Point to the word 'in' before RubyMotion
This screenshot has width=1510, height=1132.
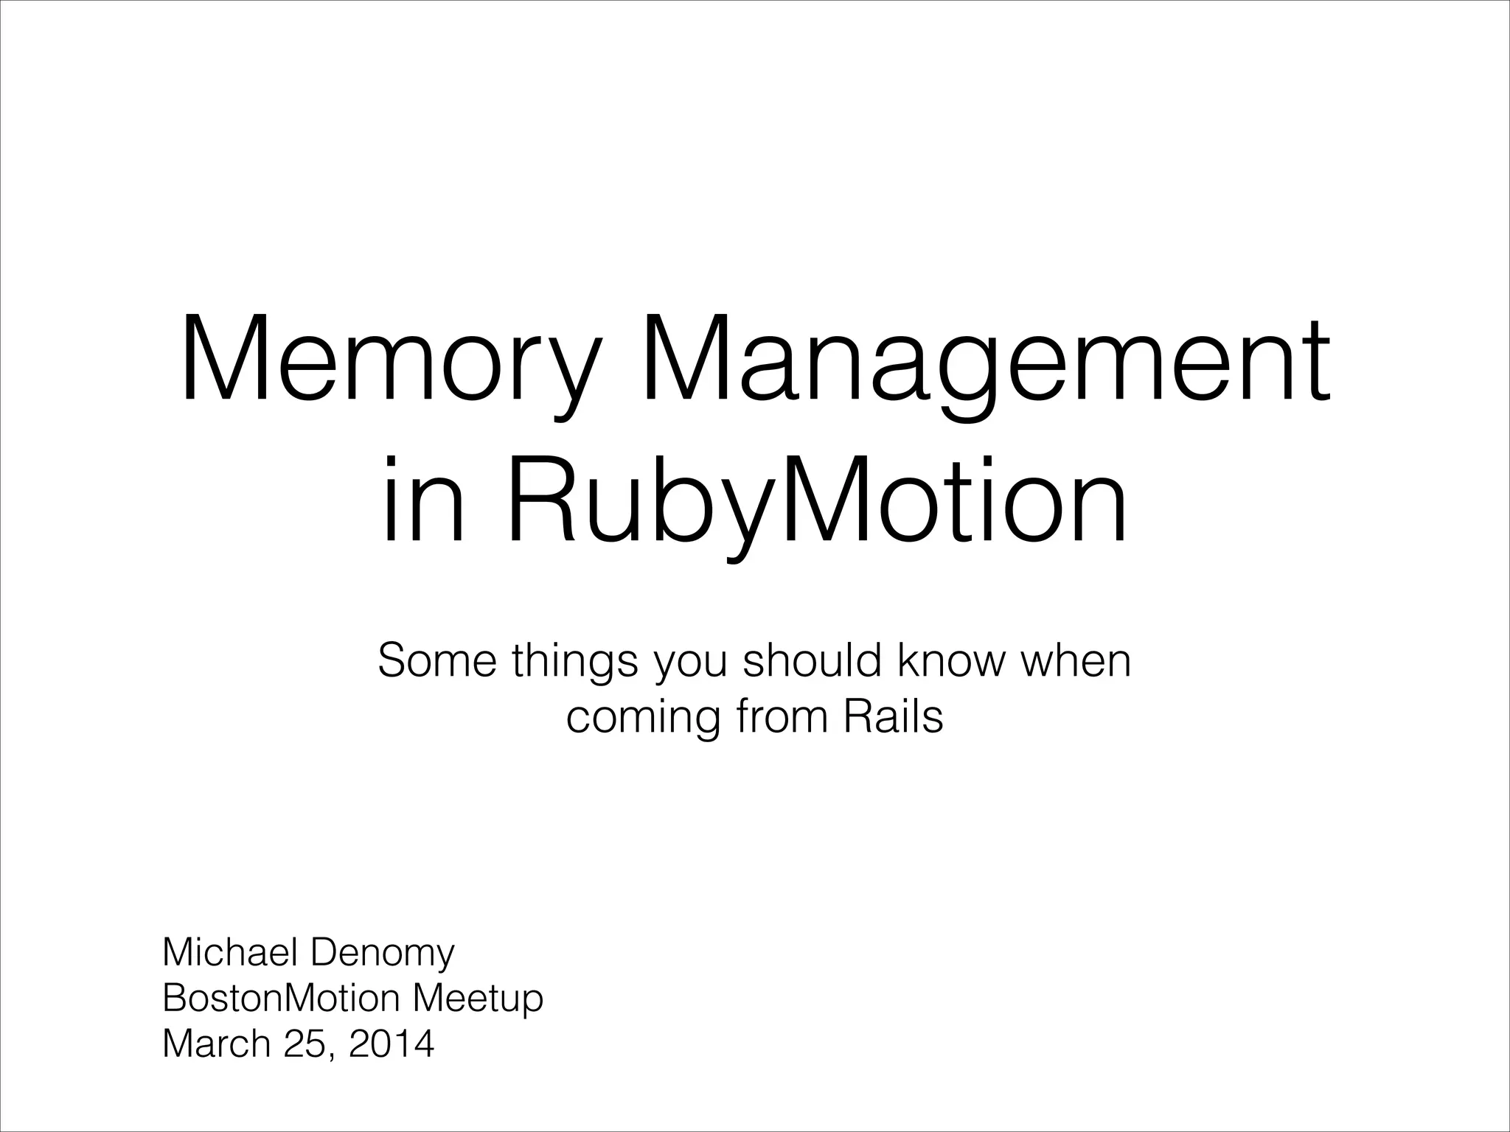click(x=423, y=501)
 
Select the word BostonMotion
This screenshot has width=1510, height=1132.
click(x=281, y=998)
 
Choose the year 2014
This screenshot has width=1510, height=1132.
click(x=392, y=1044)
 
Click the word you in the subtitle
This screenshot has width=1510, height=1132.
click(x=690, y=662)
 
